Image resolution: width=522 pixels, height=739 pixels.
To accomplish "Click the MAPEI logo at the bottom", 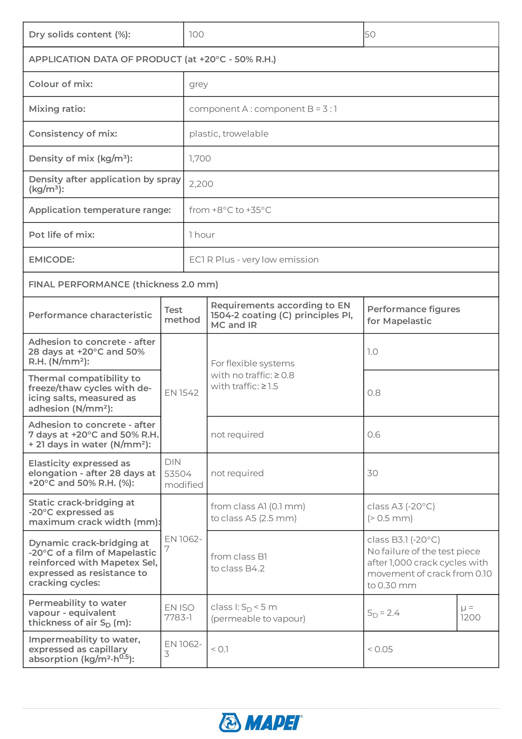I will [261, 722].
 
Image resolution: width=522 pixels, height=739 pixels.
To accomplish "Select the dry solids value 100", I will [196, 34].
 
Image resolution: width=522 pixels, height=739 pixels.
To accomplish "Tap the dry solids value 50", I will [370, 34].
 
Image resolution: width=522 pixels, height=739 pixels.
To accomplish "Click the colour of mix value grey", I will [198, 84].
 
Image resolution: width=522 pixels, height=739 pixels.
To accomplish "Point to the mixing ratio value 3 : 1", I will [330, 109].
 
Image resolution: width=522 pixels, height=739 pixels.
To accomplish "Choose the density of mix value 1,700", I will [200, 159].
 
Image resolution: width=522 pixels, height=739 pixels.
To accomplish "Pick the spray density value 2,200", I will [201, 184].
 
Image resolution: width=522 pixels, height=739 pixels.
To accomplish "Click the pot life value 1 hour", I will [202, 235].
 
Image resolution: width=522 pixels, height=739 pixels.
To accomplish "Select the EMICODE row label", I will [51, 260].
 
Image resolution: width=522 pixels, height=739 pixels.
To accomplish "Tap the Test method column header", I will [182, 315].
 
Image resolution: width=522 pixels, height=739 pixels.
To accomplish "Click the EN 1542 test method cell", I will [181, 393].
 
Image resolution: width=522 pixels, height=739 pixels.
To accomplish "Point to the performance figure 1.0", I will [372, 352].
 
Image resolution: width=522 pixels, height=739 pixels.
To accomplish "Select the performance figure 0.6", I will [373, 435].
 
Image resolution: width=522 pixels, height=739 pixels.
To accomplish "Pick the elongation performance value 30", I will [372, 473].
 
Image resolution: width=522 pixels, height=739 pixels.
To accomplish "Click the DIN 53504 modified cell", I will [183, 474].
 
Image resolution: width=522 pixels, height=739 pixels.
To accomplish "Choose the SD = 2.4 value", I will [383, 613].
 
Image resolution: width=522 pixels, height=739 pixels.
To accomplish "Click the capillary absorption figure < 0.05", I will [380, 649].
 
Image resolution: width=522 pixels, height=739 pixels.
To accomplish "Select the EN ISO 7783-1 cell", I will [179, 613].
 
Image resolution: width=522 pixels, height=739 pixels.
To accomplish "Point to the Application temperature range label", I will [100, 210].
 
